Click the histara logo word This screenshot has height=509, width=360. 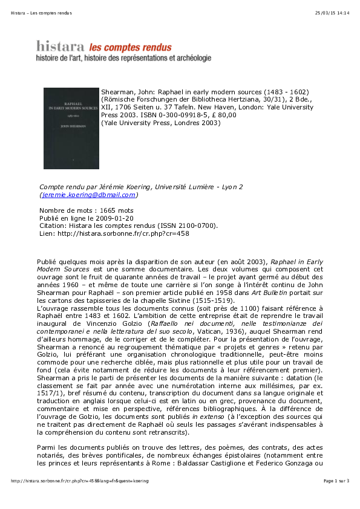tap(61, 47)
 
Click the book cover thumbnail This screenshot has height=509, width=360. tap(71, 128)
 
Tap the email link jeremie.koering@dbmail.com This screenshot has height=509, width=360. tap(88, 195)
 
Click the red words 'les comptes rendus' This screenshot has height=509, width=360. tap(130, 47)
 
